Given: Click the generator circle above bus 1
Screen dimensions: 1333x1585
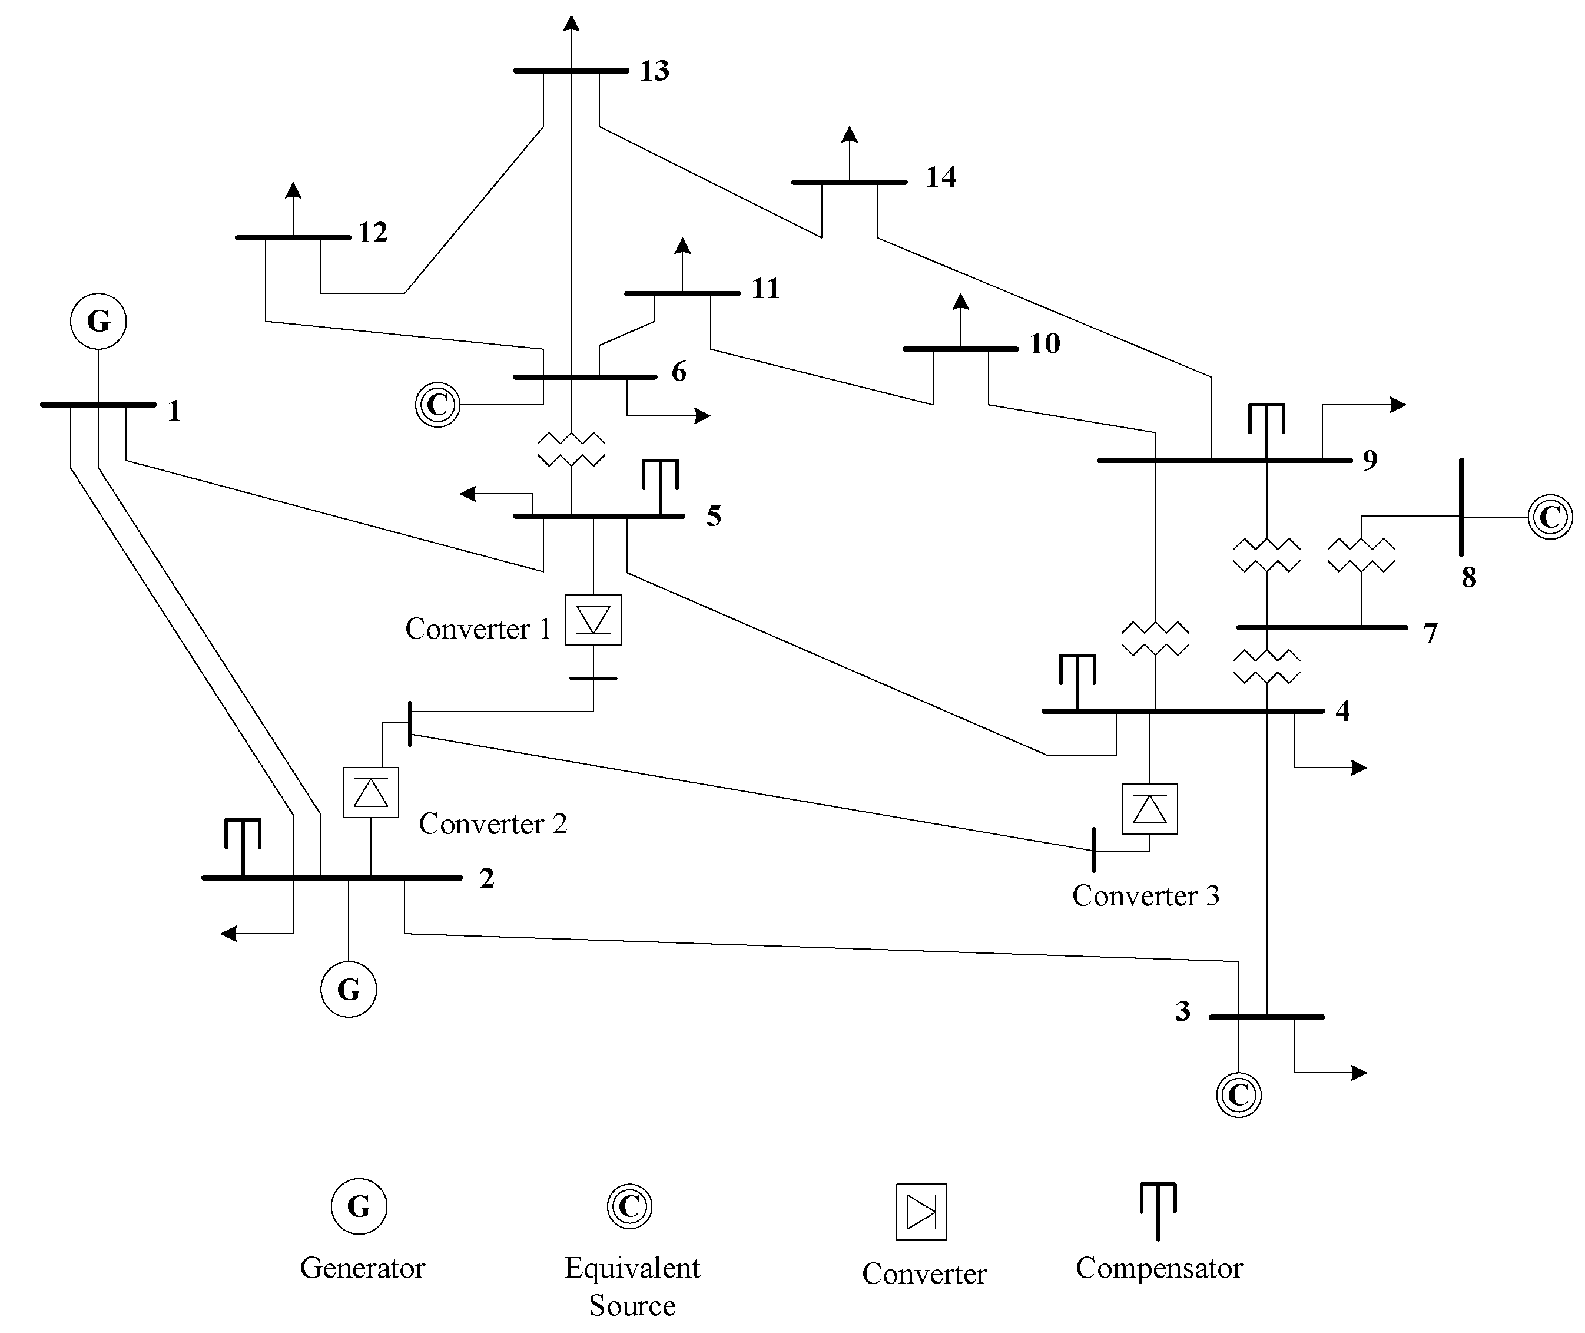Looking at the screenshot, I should click(x=98, y=321).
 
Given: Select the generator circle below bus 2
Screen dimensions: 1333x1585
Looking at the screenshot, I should click(x=349, y=989).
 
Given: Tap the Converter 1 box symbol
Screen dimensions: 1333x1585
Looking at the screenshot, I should click(x=593, y=620).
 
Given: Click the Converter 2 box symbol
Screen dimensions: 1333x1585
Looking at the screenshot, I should click(x=370, y=793).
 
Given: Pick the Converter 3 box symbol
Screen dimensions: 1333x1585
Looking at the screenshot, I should click(x=1149, y=809).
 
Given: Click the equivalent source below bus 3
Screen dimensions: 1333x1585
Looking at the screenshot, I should click(x=1238, y=1095).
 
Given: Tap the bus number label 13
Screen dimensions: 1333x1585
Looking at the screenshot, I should click(x=654, y=71).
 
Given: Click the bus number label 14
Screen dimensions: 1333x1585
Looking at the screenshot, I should click(x=940, y=177).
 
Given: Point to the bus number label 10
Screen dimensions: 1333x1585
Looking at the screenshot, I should click(x=1045, y=345).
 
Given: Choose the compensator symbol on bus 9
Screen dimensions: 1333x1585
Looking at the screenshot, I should click(x=1266, y=428).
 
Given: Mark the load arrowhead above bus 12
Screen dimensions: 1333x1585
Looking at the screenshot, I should click(x=293, y=190).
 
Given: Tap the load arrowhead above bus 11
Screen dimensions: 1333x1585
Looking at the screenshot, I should click(x=682, y=246).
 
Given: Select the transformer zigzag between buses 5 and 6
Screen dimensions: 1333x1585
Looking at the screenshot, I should click(x=571, y=449).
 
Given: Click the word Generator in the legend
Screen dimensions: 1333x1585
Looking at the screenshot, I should click(x=362, y=1269).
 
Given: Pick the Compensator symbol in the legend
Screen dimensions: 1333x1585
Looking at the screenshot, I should click(x=1158, y=1210).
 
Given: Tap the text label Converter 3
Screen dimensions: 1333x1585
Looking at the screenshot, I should click(x=1145, y=896).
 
